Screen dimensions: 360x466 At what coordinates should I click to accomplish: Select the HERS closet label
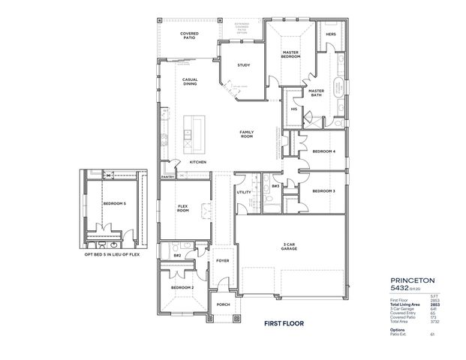tap(330, 34)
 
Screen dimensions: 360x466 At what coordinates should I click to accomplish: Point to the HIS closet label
tap(294, 109)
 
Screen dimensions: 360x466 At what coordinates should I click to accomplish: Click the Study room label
tap(243, 65)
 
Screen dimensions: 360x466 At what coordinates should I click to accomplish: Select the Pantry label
tap(167, 177)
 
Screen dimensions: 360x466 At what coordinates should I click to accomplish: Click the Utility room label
tap(244, 192)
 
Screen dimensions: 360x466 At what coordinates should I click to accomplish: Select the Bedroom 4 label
tap(323, 151)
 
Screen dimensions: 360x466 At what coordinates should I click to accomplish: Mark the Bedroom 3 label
tap(323, 191)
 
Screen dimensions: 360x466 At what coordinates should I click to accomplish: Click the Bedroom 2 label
tap(182, 288)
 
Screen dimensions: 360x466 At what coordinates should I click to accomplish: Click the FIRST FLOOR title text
tap(283, 325)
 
